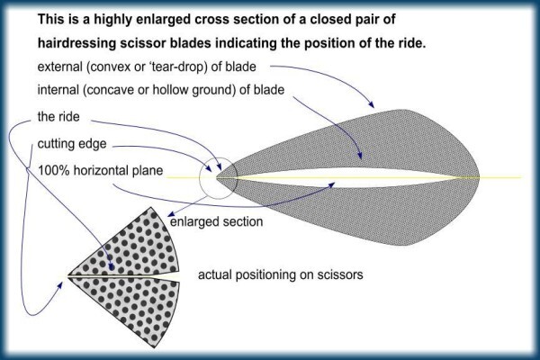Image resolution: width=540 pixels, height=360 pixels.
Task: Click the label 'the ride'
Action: click(58, 117)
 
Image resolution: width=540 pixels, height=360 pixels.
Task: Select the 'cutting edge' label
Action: click(72, 144)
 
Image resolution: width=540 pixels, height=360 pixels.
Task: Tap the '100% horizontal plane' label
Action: click(100, 170)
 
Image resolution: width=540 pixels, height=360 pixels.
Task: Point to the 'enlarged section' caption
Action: click(216, 221)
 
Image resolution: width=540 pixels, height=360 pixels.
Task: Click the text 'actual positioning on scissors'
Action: click(280, 274)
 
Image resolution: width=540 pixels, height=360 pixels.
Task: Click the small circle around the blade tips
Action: click(200, 178)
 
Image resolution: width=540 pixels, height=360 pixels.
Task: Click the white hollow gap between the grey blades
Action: click(345, 178)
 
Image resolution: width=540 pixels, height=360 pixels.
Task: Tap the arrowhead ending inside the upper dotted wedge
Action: click(111, 266)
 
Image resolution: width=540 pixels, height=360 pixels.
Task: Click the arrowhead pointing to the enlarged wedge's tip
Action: click(60, 285)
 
